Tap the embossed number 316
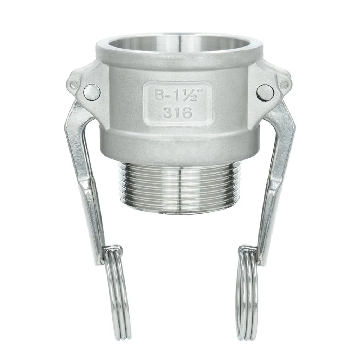tap(177, 113)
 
